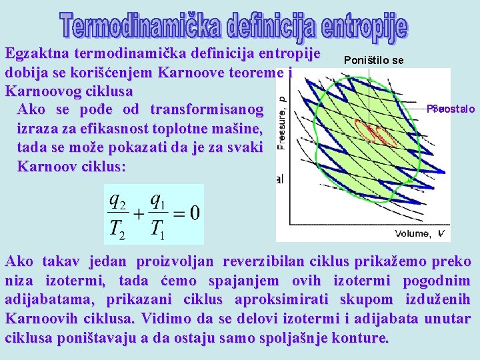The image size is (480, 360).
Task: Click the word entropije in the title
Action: (x=363, y=25)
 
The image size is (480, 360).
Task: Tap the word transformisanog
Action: (x=203, y=109)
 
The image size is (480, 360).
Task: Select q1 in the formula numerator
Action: (x=158, y=199)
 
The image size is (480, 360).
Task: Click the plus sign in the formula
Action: (x=138, y=214)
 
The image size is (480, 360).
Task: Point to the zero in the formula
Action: (x=194, y=214)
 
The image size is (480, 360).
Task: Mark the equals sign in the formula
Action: (x=178, y=214)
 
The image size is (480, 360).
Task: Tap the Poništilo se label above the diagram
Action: (x=373, y=61)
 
